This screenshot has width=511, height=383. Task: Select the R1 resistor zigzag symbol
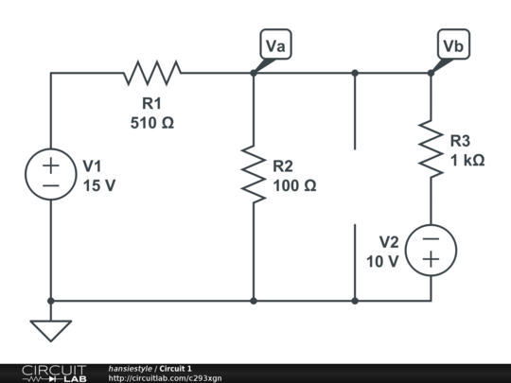(x=152, y=72)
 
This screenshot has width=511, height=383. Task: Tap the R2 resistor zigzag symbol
(x=254, y=173)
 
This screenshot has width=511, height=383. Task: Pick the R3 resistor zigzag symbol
(x=431, y=149)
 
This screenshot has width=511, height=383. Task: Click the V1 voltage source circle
(x=51, y=175)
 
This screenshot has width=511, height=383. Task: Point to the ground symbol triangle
(x=51, y=330)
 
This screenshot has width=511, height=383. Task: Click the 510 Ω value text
(x=151, y=122)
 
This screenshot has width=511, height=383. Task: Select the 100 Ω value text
(x=294, y=185)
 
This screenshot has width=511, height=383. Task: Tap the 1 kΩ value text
(x=467, y=161)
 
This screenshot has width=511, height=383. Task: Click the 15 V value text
(x=98, y=185)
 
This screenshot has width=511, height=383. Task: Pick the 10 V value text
(x=382, y=261)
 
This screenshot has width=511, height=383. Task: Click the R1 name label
(x=152, y=103)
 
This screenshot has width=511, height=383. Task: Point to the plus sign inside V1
(x=51, y=165)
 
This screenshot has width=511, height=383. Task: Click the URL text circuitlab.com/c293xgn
(x=165, y=378)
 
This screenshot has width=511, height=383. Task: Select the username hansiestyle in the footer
(x=130, y=368)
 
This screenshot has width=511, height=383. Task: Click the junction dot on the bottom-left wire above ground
(x=51, y=301)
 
